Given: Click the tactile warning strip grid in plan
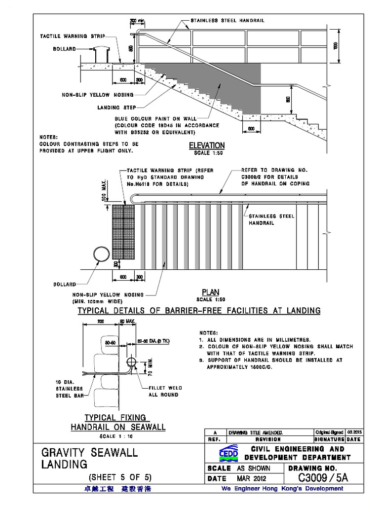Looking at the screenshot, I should [123, 231].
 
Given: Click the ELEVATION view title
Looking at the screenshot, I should [207, 145].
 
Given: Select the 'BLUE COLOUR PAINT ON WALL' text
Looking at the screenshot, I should [155, 119].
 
